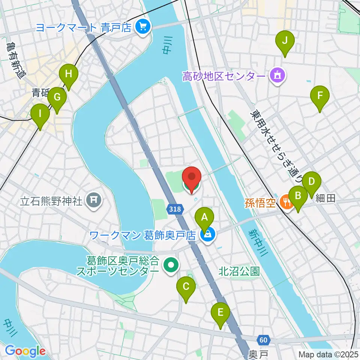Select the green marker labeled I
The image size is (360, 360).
(x=40, y=117)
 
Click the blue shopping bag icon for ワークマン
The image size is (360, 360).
(x=206, y=235)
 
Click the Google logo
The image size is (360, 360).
(x=25, y=351)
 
